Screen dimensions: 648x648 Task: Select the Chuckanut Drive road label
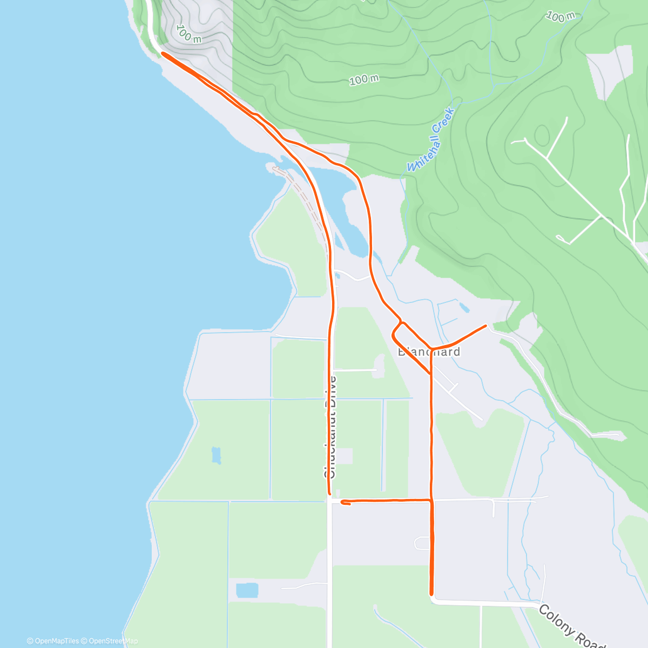330,427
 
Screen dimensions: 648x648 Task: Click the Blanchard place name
429,352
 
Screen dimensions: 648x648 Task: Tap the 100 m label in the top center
364,80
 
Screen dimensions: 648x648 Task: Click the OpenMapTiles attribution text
53,641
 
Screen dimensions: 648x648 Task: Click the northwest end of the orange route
162,53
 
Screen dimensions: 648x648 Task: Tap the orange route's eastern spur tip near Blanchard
486,326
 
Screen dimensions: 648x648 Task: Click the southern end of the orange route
431,593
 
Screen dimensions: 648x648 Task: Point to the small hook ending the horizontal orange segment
344,503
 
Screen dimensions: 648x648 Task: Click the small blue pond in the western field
217,455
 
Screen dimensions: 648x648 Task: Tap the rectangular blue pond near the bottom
247,590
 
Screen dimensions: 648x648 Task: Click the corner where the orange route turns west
431,501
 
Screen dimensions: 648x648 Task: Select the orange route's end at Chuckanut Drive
329,492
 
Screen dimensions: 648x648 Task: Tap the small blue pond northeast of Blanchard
464,308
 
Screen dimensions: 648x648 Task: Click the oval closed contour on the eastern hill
542,133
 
